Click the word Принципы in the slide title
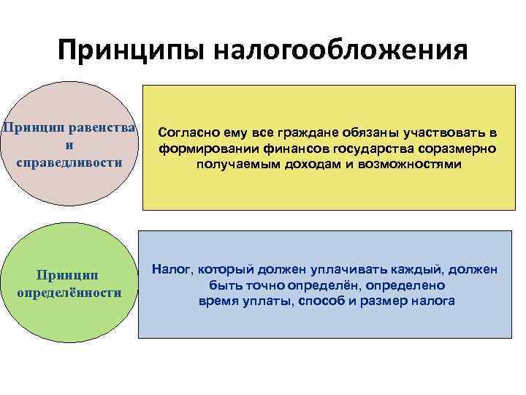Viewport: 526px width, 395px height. tap(131, 50)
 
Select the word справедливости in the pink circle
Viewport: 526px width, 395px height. tap(69, 161)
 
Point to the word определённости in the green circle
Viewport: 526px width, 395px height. tap(69, 292)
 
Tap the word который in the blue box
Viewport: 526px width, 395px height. tap(224, 270)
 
